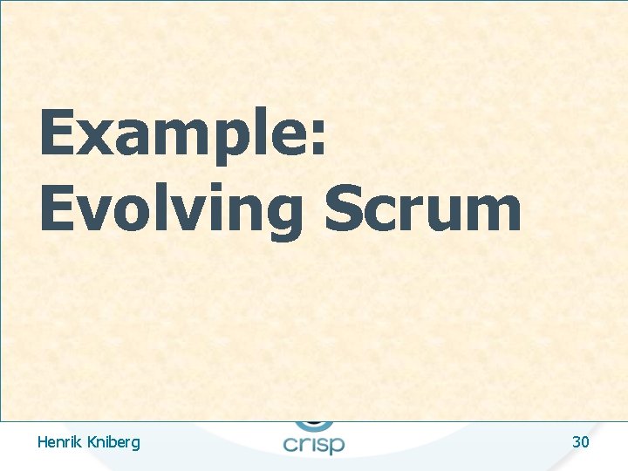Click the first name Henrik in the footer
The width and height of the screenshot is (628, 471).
point(60,442)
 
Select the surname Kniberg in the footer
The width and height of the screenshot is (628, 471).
point(113,443)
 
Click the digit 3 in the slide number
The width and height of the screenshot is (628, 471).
point(577,442)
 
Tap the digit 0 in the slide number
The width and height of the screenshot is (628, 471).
point(585,442)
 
